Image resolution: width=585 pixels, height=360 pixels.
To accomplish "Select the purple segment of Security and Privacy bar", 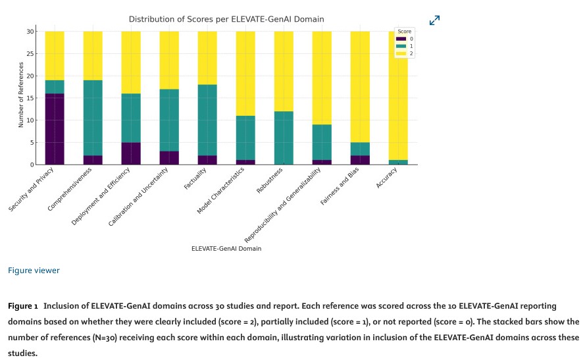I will point(55,129).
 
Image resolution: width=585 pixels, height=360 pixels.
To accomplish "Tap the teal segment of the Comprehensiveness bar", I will point(93,118).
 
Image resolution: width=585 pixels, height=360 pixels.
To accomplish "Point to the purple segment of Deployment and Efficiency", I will point(131,153).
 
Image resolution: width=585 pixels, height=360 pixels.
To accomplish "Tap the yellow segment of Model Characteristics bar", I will point(245,73).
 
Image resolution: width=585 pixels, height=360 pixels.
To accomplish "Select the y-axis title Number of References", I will point(21,95).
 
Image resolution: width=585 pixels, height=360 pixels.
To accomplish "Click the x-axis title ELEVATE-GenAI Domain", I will point(226,249).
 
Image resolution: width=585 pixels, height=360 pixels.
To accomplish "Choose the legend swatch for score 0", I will point(401,39).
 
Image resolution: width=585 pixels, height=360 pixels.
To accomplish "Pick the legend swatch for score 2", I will point(401,53).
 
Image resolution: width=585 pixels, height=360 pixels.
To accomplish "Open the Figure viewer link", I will point(34,270).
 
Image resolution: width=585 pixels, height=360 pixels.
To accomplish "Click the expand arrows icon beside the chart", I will point(434,21).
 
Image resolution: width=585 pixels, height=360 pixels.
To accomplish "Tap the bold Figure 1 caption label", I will point(23,307).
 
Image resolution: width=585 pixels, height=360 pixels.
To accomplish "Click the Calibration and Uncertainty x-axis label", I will point(139,196).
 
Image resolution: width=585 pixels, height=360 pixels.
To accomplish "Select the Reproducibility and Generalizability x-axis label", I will point(283,204).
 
